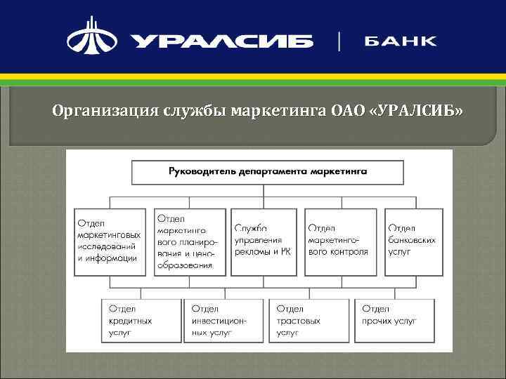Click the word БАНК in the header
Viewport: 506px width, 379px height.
[400, 40]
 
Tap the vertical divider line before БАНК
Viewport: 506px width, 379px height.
[341, 40]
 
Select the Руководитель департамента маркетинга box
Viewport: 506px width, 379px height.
[268, 172]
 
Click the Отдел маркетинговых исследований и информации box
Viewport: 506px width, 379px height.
[110, 242]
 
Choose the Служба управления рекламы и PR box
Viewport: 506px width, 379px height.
[264, 242]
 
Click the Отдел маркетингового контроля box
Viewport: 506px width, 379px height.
[340, 242]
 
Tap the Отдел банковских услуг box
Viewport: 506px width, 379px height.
[414, 242]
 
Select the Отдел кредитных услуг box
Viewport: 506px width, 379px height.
[141, 320]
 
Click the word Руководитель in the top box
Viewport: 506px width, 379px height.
[203, 171]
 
